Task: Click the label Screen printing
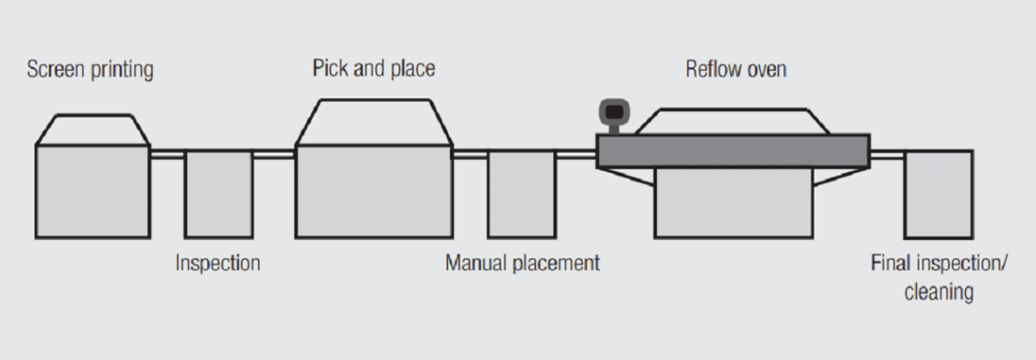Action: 90,70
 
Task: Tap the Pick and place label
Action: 374,69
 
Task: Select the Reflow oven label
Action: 735,70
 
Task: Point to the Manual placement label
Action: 523,264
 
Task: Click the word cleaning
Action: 939,293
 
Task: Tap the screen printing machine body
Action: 92,191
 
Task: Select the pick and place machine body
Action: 374,191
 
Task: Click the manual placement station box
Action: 522,194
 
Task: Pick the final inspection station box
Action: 938,194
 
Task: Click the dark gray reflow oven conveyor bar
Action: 732,150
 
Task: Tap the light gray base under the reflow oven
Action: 732,205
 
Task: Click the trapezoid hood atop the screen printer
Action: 92,129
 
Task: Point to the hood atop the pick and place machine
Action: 374,122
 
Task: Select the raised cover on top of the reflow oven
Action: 732,121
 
